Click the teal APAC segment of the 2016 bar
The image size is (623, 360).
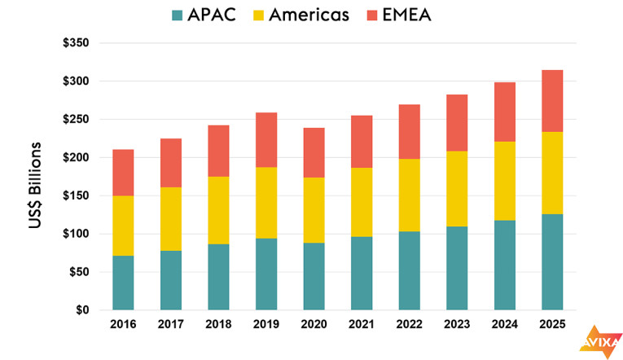(x=123, y=283)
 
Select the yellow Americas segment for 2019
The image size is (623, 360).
(x=265, y=203)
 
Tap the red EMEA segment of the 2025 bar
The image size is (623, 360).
(x=551, y=101)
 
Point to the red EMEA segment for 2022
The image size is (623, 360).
(x=409, y=132)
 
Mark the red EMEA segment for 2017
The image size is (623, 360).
(x=171, y=163)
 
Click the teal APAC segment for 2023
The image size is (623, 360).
(x=456, y=268)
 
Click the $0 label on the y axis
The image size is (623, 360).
(x=83, y=310)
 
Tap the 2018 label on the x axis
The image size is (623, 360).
(x=218, y=325)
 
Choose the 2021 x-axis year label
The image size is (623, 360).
(x=361, y=325)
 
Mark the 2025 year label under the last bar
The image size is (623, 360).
(x=551, y=325)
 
